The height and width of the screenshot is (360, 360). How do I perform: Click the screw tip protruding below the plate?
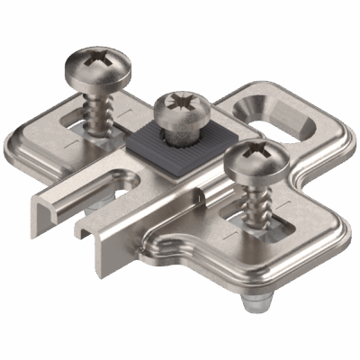point(253,306)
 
